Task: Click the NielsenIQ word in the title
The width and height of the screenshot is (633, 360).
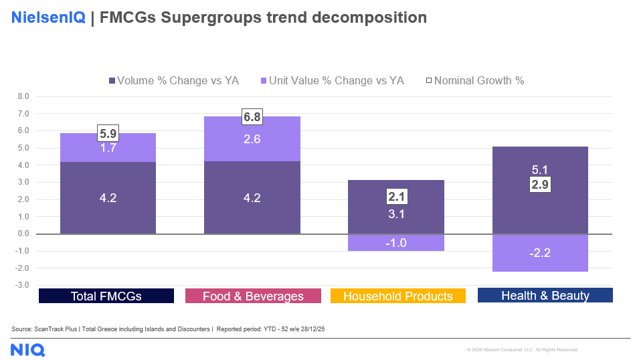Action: (48, 18)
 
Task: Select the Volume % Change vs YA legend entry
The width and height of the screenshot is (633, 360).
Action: (173, 81)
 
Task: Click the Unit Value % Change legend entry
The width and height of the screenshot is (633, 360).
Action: (331, 81)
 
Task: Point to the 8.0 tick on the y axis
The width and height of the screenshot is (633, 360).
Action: (23, 96)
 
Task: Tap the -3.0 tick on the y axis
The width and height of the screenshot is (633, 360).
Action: (22, 285)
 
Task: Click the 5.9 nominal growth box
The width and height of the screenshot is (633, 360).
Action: (108, 133)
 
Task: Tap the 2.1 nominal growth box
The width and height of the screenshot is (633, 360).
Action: (396, 197)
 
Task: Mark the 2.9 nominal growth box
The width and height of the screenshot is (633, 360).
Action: (540, 185)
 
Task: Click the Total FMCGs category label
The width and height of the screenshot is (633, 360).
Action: (106, 296)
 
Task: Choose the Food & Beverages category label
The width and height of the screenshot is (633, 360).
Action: (253, 296)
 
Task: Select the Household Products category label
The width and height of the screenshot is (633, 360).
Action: (398, 296)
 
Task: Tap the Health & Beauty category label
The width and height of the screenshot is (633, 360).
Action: (545, 296)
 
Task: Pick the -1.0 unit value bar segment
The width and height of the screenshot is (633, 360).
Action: (396, 243)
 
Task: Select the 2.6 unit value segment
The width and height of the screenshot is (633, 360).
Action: (252, 139)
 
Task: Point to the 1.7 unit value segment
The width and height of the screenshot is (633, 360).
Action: (108, 149)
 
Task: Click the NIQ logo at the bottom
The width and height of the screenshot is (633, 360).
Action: (27, 349)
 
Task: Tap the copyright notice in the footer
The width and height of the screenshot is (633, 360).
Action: (522, 350)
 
